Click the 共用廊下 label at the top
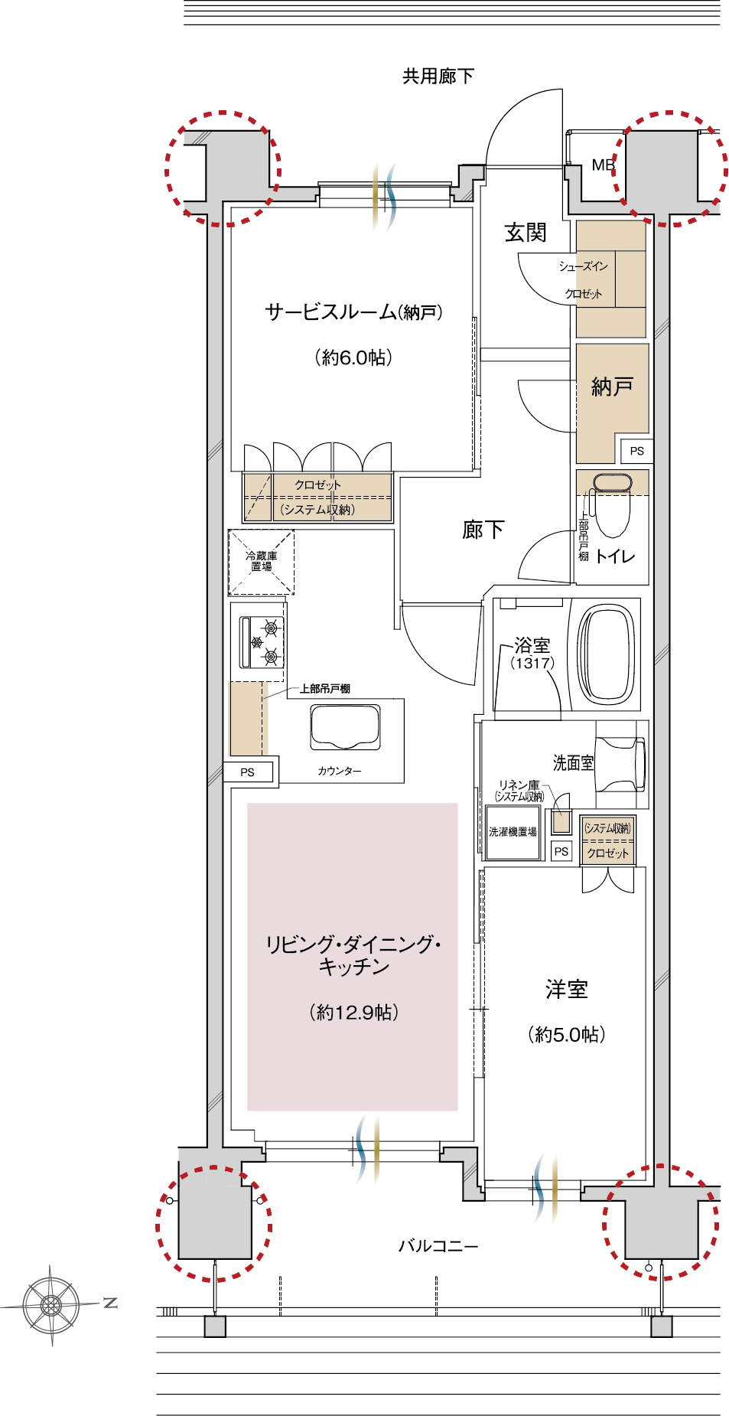click(438, 76)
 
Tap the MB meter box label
click(603, 165)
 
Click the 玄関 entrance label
click(526, 233)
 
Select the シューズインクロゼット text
click(583, 279)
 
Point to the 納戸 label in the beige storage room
click(612, 387)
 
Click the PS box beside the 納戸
click(636, 451)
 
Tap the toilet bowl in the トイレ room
click(612, 509)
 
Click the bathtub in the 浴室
click(608, 654)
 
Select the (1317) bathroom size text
click(532, 663)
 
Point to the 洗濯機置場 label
click(513, 831)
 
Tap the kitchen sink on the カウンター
click(345, 726)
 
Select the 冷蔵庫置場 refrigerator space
click(261, 561)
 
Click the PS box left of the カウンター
click(247, 772)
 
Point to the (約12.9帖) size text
click(353, 1012)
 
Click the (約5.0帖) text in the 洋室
click(566, 1034)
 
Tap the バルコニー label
click(438, 1245)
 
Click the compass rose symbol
click(50, 1304)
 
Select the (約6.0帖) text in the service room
click(353, 357)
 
